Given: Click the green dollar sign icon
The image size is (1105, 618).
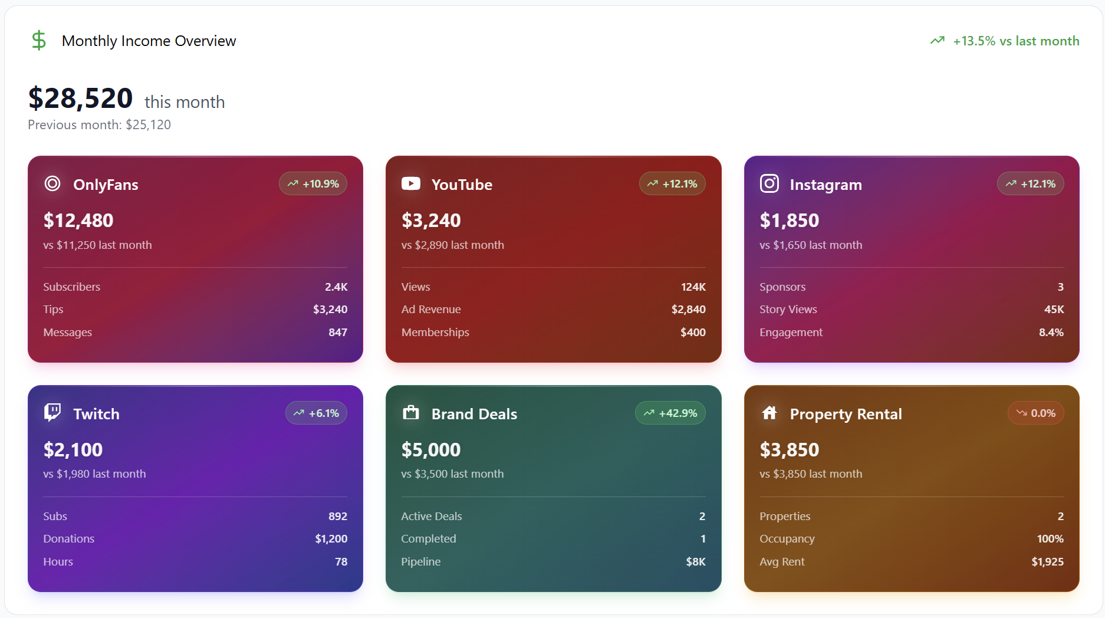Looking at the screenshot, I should pos(39,41).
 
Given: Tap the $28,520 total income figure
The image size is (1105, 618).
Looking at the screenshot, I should pos(81,98).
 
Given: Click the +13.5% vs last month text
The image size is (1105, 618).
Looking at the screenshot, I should pos(1015,41).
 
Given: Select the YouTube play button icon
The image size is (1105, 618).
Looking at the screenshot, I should pos(411,184).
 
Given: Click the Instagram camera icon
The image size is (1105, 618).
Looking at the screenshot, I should pos(769,184).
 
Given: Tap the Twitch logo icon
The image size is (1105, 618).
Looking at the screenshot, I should pos(52,413).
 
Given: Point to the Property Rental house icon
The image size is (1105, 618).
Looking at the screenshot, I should pos(769,413).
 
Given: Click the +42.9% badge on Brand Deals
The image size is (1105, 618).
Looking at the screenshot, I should pos(670,413).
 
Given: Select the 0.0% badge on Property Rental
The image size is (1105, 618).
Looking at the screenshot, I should pos(1036,413).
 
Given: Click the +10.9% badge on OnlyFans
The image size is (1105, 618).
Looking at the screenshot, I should pos(313,184).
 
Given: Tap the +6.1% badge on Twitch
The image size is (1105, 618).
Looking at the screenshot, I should pos(316,413).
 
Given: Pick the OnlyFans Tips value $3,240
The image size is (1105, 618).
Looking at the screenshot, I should pos(330,310).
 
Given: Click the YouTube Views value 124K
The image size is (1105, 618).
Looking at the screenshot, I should pos(693,287).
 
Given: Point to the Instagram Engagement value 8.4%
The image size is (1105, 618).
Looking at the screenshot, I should pos(1051,333).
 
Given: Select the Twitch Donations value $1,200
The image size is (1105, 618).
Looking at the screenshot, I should pos(331,539).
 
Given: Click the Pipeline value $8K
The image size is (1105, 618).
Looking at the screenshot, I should pos(696,562).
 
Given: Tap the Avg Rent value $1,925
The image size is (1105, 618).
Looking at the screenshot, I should pos(1048,562).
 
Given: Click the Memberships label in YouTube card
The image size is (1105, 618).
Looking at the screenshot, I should pos(435,333).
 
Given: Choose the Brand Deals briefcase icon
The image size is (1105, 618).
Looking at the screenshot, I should pos(411,413).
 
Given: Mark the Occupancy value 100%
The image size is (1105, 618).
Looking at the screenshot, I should pos(1050,539).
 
